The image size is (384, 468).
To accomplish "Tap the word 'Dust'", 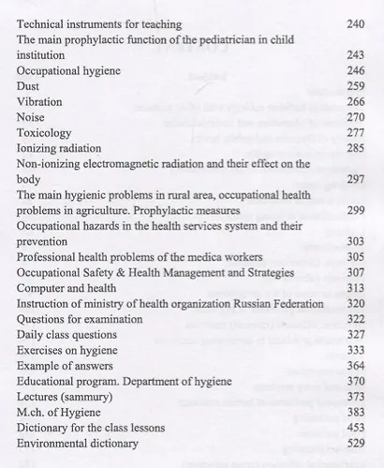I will pyautogui.click(x=29, y=85).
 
